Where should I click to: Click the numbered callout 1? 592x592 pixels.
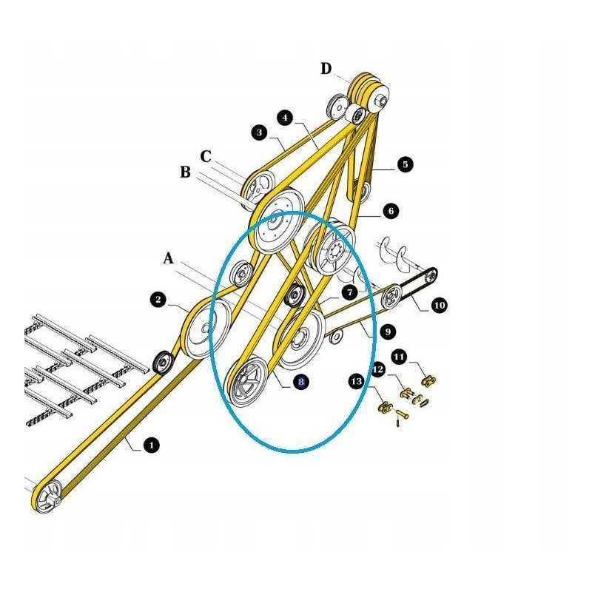click(151, 445)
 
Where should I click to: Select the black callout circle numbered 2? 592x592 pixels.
click(158, 300)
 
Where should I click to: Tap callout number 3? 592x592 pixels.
click(259, 133)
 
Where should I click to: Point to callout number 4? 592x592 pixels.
click(286, 117)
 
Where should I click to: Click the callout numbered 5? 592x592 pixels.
click(404, 164)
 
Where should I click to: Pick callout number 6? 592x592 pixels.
click(391, 211)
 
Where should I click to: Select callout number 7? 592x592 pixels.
click(349, 292)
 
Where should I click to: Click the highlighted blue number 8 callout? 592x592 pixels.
click(300, 382)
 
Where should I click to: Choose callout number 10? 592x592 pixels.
click(439, 304)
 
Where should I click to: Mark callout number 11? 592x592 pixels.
click(399, 357)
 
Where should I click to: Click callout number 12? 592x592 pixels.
click(378, 369)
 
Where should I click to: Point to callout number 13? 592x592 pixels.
click(357, 381)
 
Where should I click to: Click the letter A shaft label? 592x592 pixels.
click(169, 258)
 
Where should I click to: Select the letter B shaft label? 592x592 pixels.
click(186, 172)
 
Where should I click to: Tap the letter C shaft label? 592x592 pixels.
click(206, 157)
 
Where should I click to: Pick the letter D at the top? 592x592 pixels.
click(326, 69)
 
